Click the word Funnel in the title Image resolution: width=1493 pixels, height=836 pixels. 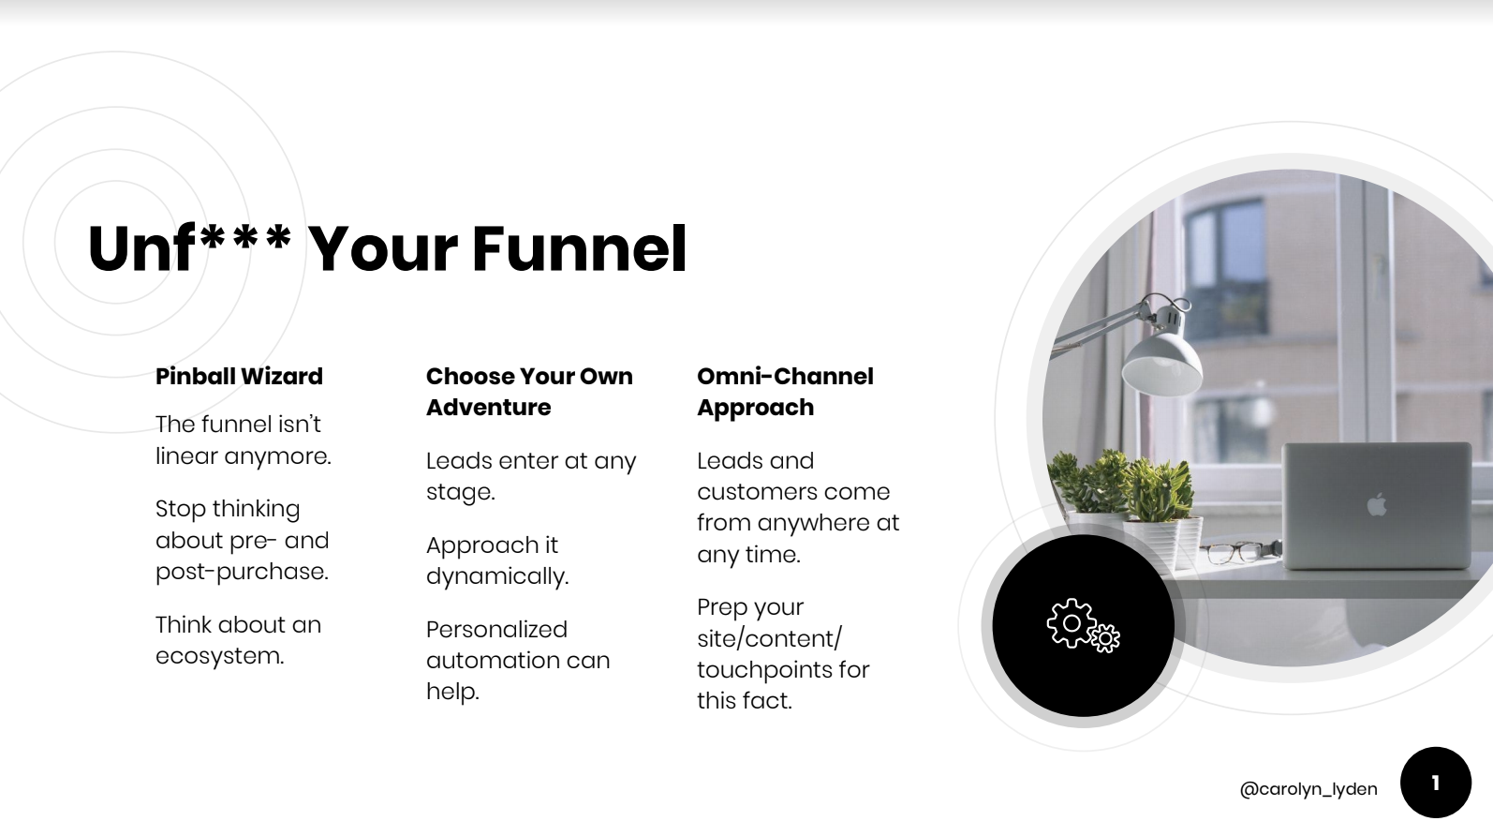click(x=579, y=248)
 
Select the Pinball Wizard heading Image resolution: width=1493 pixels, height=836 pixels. click(x=239, y=376)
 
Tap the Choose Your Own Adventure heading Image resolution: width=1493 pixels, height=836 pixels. click(x=529, y=392)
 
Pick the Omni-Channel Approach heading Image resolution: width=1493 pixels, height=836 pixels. click(x=785, y=392)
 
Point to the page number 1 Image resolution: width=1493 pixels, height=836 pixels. click(x=1435, y=783)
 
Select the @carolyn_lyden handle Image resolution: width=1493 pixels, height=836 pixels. click(x=1308, y=789)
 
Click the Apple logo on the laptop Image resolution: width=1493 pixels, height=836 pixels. click(x=1376, y=504)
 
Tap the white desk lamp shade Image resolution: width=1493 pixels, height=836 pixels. click(x=1162, y=364)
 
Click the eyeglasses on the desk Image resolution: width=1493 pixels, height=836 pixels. click(x=1236, y=553)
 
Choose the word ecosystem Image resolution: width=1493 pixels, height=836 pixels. click(x=219, y=656)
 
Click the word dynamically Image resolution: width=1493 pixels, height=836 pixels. click(x=497, y=576)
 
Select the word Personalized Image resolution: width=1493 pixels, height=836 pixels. click(x=496, y=629)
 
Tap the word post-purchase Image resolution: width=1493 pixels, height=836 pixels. click(x=242, y=572)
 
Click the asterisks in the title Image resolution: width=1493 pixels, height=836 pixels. click(x=245, y=238)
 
